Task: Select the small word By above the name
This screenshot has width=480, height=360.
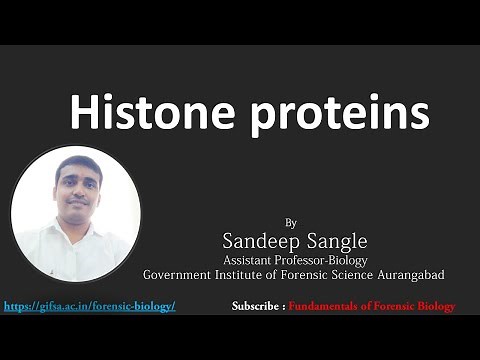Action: (x=291, y=221)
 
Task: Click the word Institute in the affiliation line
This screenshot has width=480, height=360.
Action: (x=248, y=274)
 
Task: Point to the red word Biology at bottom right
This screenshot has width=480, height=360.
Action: (x=436, y=305)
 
